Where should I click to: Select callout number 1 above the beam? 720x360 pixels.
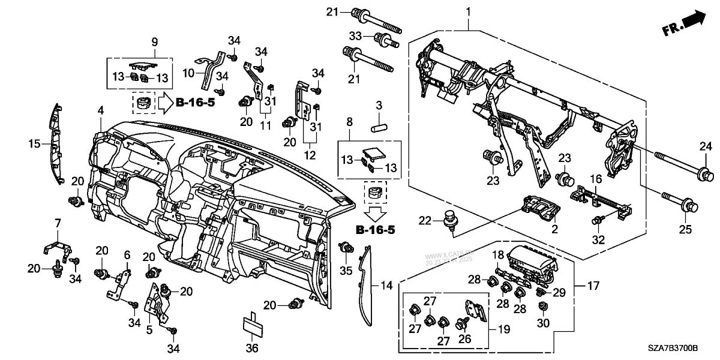469,11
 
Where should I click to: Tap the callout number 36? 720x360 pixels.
252,348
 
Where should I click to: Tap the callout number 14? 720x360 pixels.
384,287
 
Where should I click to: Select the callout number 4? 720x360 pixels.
101,110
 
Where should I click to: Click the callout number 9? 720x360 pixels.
154,42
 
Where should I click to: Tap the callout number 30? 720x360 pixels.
542,323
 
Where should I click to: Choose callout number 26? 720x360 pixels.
463,339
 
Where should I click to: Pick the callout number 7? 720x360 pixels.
58,223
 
